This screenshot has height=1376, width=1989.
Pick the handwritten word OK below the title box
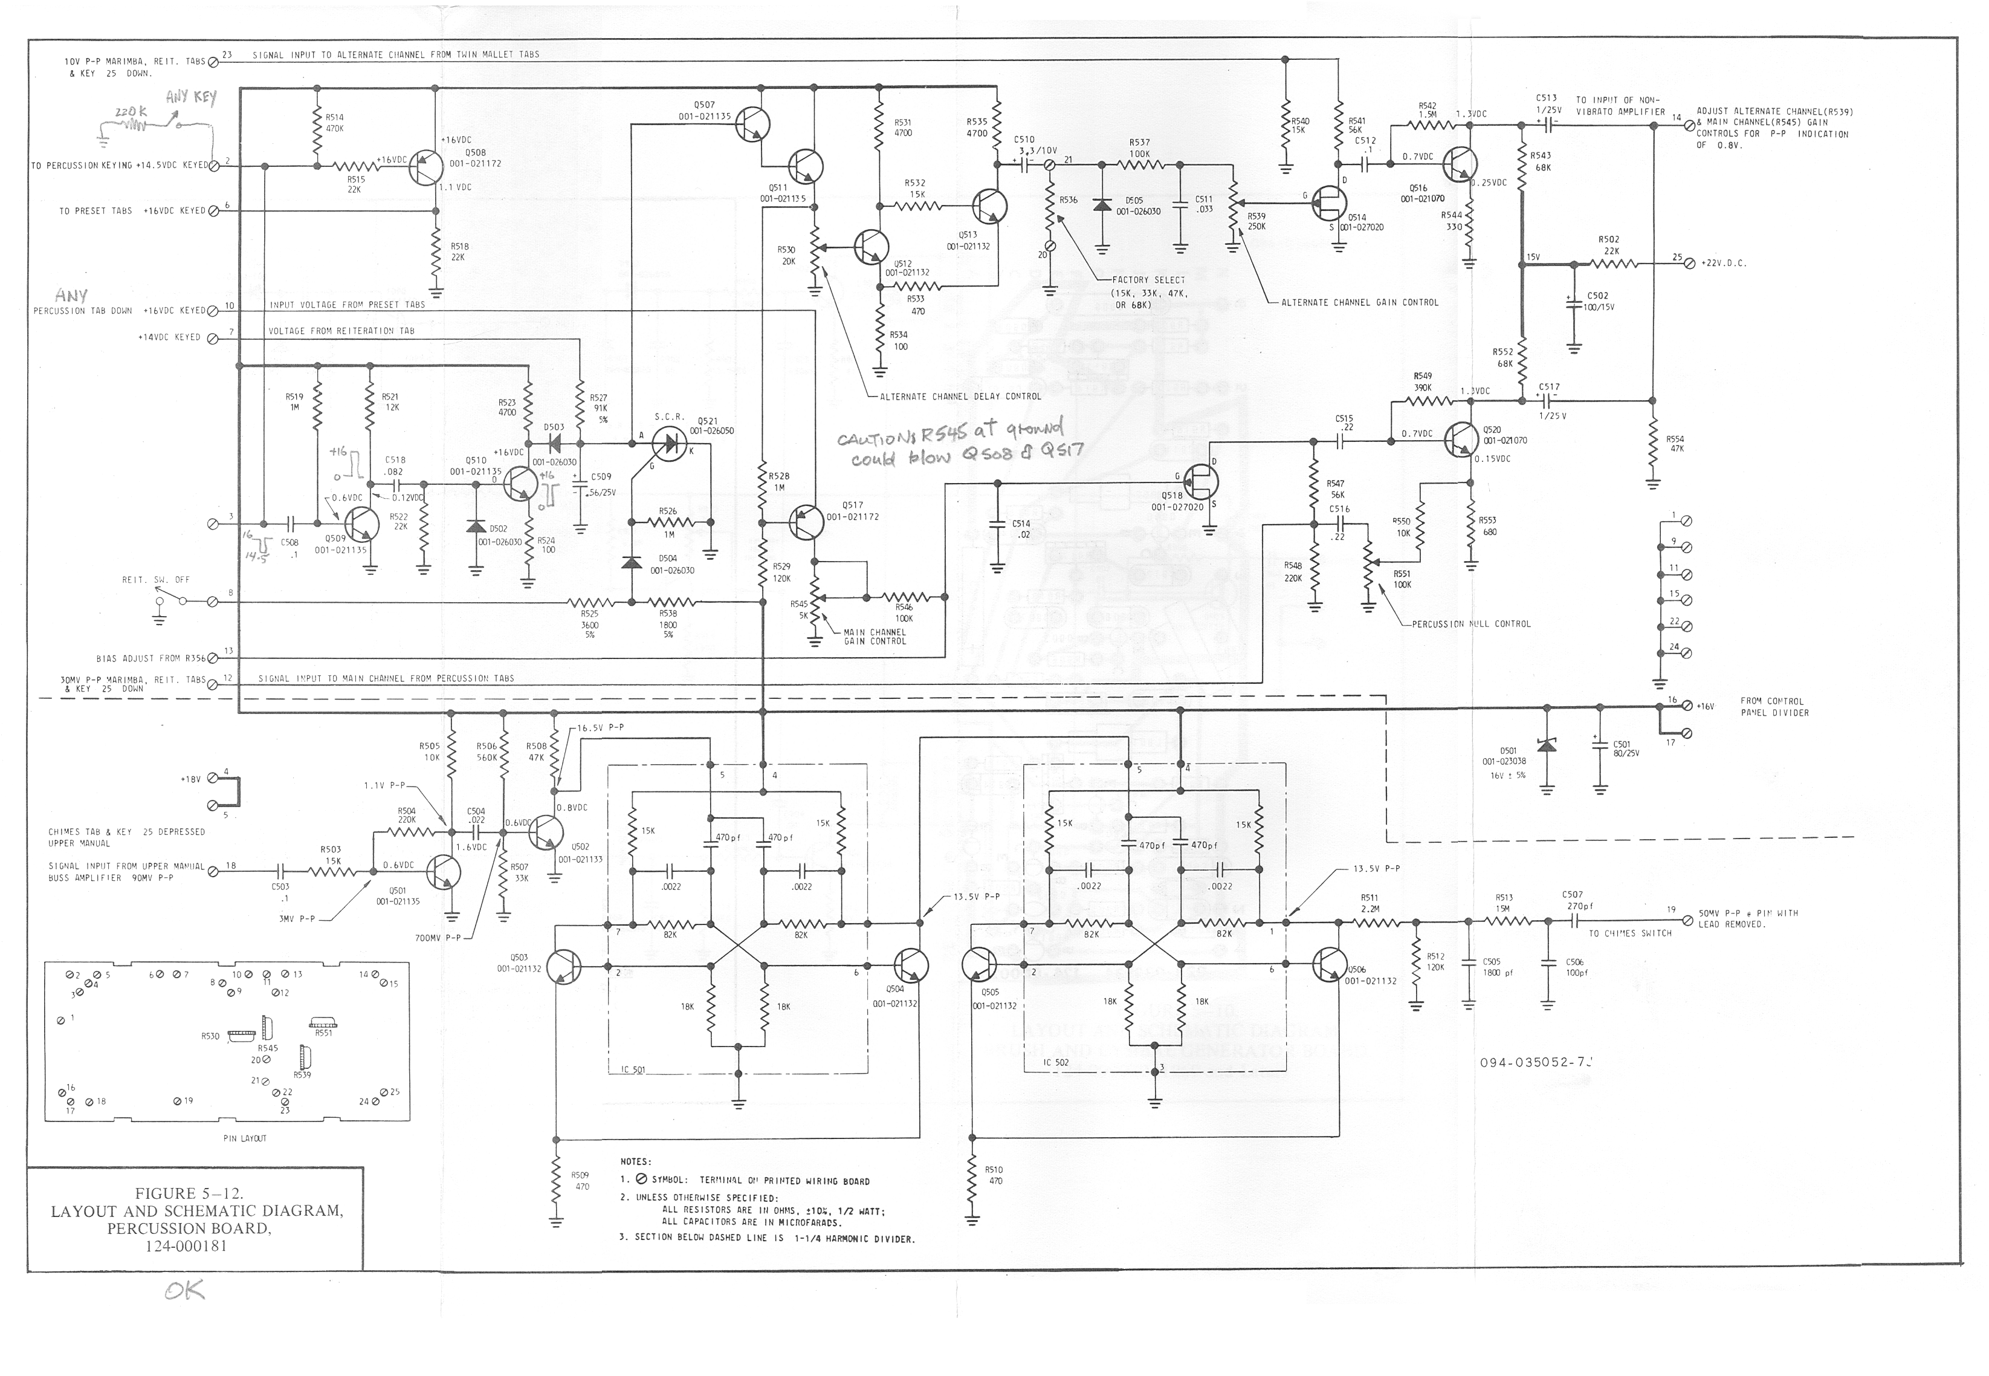click(x=184, y=1291)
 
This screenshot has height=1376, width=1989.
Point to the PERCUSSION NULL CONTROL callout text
click(x=1471, y=624)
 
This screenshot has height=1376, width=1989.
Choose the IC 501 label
click(x=633, y=1070)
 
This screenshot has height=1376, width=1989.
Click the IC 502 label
click(x=1056, y=1062)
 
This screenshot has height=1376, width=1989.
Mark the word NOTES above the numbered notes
click(x=635, y=1161)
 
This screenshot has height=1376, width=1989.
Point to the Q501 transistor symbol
click(x=444, y=872)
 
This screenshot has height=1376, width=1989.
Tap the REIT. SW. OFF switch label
click(x=156, y=580)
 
